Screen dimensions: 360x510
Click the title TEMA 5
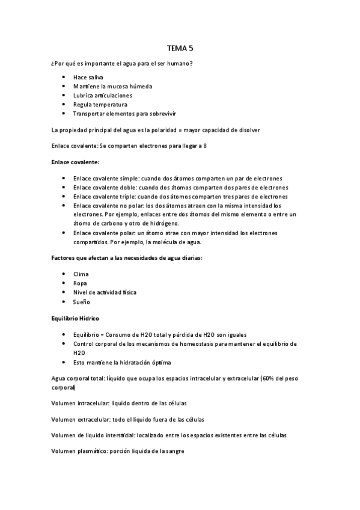(x=180, y=49)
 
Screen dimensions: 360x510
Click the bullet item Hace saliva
(x=88, y=78)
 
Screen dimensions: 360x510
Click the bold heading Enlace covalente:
(x=75, y=162)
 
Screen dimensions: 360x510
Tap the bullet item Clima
(x=81, y=274)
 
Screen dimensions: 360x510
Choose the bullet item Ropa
(x=80, y=283)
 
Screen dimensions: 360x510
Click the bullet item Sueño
(x=81, y=301)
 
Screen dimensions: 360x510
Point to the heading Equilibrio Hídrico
(x=75, y=317)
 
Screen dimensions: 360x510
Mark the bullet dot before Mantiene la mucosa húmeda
(x=63, y=87)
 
